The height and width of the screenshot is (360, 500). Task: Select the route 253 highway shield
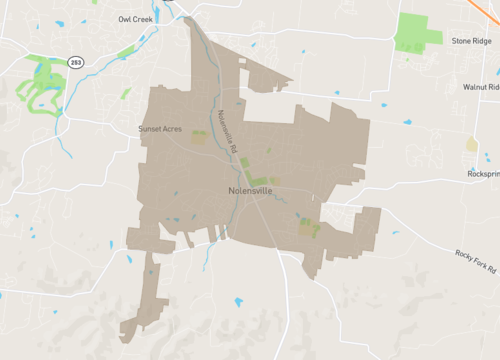click(x=76, y=62)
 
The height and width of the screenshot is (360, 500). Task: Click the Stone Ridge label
click(x=471, y=41)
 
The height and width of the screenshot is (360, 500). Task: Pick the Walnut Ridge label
click(x=480, y=87)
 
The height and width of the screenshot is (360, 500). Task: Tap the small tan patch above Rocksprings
click(x=472, y=144)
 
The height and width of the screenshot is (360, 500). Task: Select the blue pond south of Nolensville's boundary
click(x=238, y=302)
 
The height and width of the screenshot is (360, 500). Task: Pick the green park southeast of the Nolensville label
click(x=309, y=228)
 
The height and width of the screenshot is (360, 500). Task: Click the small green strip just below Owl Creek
click(x=125, y=50)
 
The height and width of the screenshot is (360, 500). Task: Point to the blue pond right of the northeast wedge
click(x=337, y=93)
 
